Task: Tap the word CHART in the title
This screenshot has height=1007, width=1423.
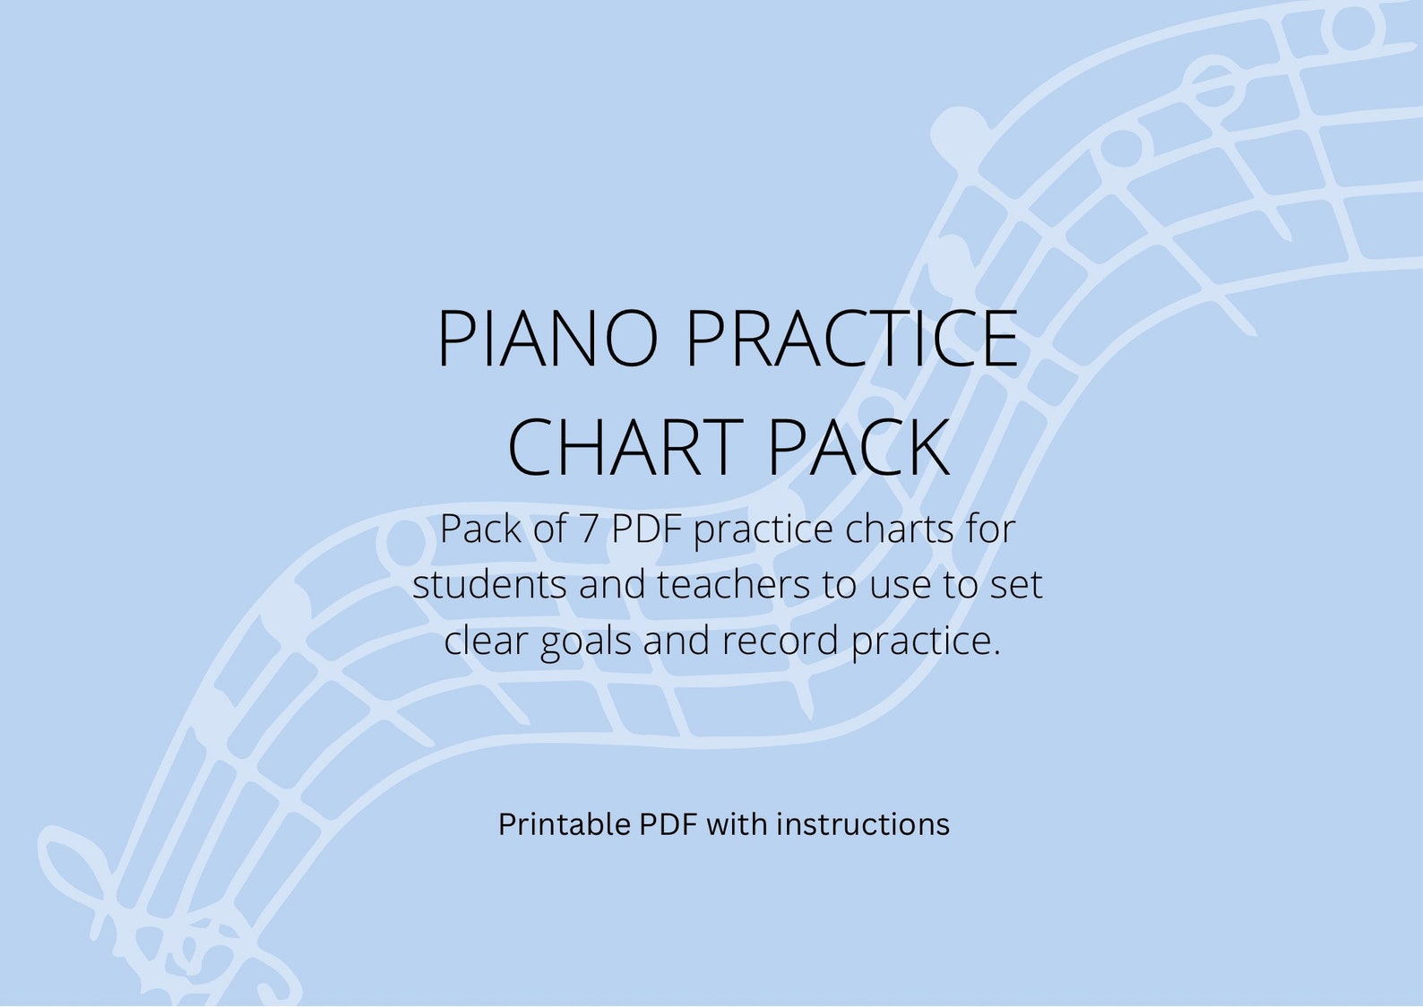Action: [x=625, y=448]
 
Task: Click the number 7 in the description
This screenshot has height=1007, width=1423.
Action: [x=588, y=529]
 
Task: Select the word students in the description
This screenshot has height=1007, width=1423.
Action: [x=490, y=585]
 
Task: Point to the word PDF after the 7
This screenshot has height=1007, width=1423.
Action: [x=646, y=529]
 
